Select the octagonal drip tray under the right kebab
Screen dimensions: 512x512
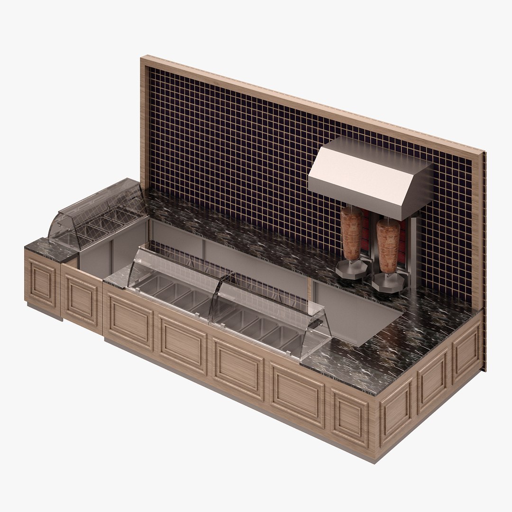(x=388, y=283)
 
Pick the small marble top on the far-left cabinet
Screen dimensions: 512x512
(x=50, y=249)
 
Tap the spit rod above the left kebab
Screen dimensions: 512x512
(x=351, y=209)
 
